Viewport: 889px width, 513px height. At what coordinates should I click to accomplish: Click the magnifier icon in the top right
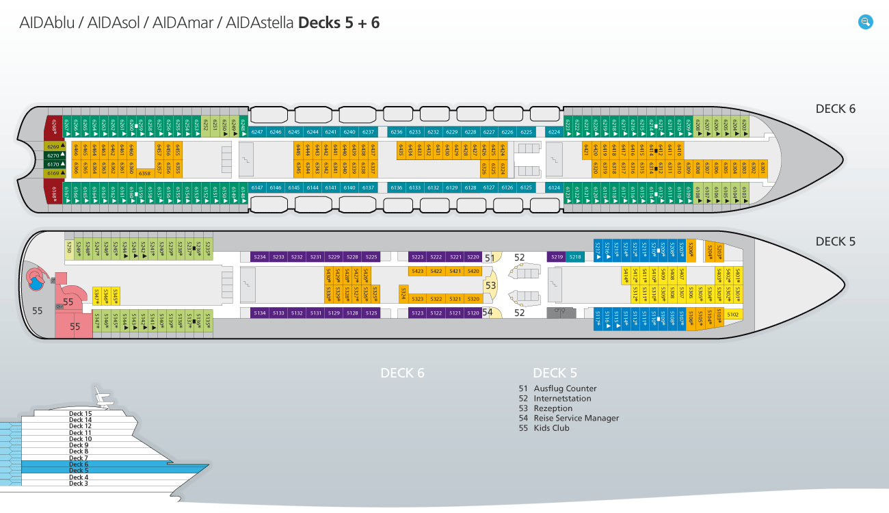[866, 22]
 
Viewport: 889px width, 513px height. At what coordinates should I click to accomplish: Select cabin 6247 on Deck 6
[257, 132]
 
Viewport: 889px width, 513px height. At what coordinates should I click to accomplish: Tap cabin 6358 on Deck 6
[144, 174]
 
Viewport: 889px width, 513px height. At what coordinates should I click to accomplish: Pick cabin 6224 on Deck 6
[554, 132]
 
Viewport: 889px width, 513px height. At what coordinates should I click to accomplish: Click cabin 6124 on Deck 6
[554, 187]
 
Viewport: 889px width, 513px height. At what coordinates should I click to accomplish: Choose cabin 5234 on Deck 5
[259, 257]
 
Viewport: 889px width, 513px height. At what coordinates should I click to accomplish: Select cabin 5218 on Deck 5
[575, 257]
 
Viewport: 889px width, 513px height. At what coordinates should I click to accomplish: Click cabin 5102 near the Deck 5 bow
[732, 314]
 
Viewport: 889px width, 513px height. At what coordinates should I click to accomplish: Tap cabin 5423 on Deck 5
[417, 272]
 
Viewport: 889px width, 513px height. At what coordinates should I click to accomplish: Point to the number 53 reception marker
[490, 285]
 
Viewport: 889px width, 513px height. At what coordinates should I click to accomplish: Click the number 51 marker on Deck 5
[489, 258]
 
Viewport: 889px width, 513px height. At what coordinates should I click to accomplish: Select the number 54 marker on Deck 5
[488, 312]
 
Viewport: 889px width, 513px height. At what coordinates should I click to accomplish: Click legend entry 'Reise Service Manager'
[576, 418]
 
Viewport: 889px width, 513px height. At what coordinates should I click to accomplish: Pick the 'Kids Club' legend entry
[551, 428]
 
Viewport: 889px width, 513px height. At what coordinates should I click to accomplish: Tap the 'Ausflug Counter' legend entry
[565, 389]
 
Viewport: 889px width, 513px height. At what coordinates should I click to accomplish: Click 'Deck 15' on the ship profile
[80, 414]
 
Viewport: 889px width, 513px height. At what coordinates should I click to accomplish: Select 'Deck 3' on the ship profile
[79, 484]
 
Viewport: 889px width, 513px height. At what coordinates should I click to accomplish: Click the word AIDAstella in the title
[257, 23]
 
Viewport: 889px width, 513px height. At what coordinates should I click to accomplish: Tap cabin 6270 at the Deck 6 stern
[53, 155]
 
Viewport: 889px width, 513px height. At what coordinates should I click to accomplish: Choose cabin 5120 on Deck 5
[473, 313]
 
